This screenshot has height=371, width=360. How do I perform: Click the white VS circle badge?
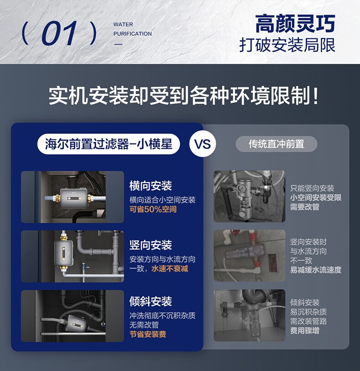coord(203,144)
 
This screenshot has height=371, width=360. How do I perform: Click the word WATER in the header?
coord(123,24)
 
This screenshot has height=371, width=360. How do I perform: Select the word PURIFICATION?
coord(133,34)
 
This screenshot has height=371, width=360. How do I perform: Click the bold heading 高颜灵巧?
coord(295,23)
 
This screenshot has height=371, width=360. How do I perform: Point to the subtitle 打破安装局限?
coord(287,45)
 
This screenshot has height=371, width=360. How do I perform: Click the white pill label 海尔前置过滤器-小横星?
coord(108,144)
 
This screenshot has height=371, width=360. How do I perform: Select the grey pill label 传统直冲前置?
coord(276,144)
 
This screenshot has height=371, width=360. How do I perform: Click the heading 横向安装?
coord(150,186)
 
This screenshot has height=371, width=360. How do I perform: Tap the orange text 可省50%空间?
coord(153,209)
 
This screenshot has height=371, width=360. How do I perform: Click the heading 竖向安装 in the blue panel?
coord(150,245)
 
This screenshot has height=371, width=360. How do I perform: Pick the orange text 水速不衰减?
coord(170,268)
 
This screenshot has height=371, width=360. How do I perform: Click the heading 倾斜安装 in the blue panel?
coord(150,301)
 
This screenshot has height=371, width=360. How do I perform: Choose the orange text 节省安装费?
coord(148,334)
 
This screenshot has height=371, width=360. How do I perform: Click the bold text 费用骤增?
coord(305,330)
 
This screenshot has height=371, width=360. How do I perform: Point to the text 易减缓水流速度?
coord(316,270)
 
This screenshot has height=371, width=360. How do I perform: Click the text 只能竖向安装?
coord(312,188)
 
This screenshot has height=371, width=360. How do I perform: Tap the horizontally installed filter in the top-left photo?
coord(74,198)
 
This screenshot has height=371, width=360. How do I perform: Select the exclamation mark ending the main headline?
coord(315,96)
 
